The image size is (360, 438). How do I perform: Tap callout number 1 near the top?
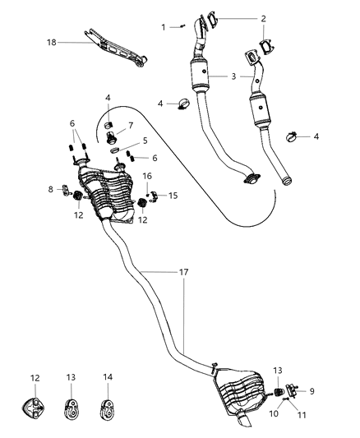coord(163,27)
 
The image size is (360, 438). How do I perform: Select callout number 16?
coord(147,176)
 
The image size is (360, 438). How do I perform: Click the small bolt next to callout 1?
coord(182,26)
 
